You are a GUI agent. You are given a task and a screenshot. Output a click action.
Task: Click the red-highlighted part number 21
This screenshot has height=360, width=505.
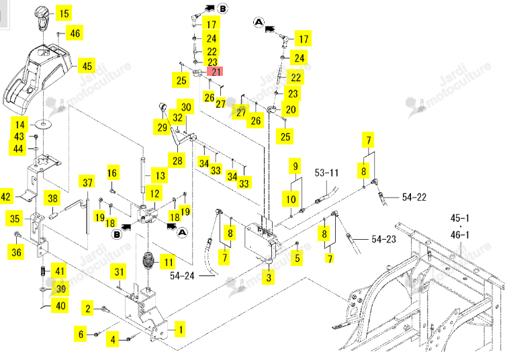215,71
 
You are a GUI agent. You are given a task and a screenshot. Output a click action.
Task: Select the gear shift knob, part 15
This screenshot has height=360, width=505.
41,18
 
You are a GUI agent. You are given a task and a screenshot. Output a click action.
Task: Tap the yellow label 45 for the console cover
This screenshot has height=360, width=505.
87,66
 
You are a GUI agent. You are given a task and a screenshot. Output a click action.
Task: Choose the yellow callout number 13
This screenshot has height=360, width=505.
160,176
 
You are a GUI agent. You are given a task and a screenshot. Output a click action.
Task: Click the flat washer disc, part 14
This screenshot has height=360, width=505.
42,124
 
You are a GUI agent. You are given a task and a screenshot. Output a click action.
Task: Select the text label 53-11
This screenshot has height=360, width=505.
326,173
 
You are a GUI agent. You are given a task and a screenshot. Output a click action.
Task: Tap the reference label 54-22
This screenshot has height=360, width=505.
414,197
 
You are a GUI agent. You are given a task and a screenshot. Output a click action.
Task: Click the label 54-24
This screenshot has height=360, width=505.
182,275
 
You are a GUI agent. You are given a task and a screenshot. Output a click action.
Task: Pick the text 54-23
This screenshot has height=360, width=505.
383,239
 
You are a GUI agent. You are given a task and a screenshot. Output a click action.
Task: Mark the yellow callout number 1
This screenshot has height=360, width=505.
181,329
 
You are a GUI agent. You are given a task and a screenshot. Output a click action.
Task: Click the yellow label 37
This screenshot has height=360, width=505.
87,183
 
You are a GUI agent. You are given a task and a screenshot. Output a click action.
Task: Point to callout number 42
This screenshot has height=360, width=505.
6,196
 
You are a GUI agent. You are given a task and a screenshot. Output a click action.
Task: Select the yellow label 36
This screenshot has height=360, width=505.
16,252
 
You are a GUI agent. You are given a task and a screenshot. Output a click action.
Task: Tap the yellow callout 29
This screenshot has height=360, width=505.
162,127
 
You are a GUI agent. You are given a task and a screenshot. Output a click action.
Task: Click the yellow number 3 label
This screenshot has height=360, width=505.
269,277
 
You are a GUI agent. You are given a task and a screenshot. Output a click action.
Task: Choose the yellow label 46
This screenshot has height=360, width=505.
75,33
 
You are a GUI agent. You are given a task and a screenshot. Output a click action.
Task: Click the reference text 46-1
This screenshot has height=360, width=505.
459,235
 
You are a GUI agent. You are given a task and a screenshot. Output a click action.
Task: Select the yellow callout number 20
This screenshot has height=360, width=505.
291,109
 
